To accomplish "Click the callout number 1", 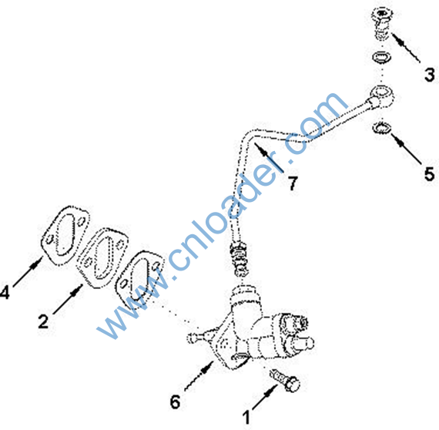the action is click(x=246, y=418).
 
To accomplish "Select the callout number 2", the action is click(x=43, y=321).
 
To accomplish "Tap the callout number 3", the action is click(x=430, y=75).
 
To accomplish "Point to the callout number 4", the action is click(x=5, y=292).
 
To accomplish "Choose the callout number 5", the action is click(x=430, y=173).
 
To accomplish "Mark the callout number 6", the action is click(x=176, y=402).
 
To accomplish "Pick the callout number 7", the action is click(x=293, y=183).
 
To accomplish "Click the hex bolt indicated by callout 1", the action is click(x=285, y=380).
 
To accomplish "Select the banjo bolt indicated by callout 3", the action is click(x=381, y=23).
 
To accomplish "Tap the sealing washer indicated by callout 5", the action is click(x=381, y=128).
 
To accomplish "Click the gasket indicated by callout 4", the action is click(x=65, y=236).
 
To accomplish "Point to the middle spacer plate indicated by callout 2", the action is click(x=102, y=258).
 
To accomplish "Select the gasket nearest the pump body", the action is click(x=139, y=279).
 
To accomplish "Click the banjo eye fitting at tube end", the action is click(x=380, y=96).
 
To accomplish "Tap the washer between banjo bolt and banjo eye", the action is click(x=381, y=57).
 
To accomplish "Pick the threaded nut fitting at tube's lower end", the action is click(x=240, y=260).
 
